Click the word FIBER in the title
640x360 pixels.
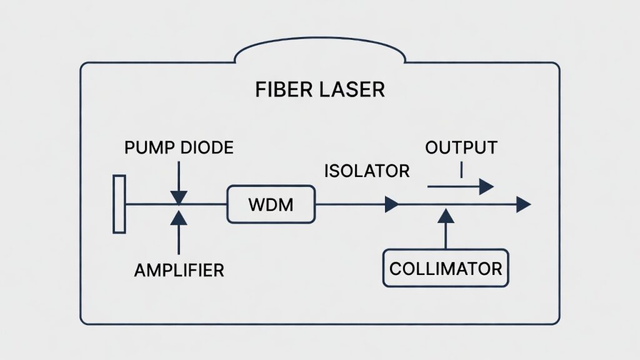[279, 89]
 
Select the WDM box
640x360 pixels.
[271, 204]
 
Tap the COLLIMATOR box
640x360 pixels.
[446, 269]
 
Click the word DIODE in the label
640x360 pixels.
[206, 148]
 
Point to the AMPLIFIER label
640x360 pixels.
[179, 270]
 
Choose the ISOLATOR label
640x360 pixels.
[367, 170]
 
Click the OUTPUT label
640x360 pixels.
[461, 148]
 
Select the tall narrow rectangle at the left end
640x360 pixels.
[119, 204]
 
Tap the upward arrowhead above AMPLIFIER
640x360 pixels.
[179, 216]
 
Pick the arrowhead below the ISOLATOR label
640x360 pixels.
[392, 204]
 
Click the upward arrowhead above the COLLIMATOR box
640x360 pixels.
[446, 216]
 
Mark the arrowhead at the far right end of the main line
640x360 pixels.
[523, 204]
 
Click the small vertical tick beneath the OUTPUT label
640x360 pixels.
[461, 169]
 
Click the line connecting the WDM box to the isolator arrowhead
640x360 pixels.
[350, 204]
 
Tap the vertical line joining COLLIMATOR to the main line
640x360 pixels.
[446, 236]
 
